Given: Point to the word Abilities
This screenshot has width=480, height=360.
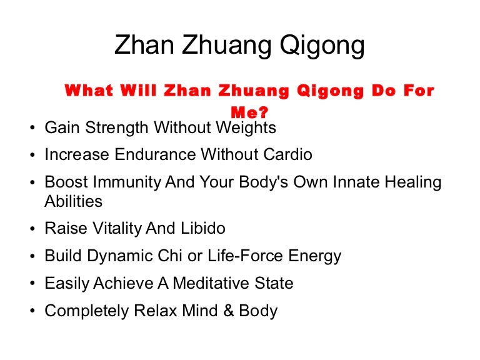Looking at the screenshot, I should pos(74,201).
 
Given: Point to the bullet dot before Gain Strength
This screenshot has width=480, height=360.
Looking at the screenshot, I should pos(32,129).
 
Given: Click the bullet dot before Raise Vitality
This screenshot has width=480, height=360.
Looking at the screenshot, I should pos(32,229).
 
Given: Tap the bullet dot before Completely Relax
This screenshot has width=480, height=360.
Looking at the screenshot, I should pos(32,311).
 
